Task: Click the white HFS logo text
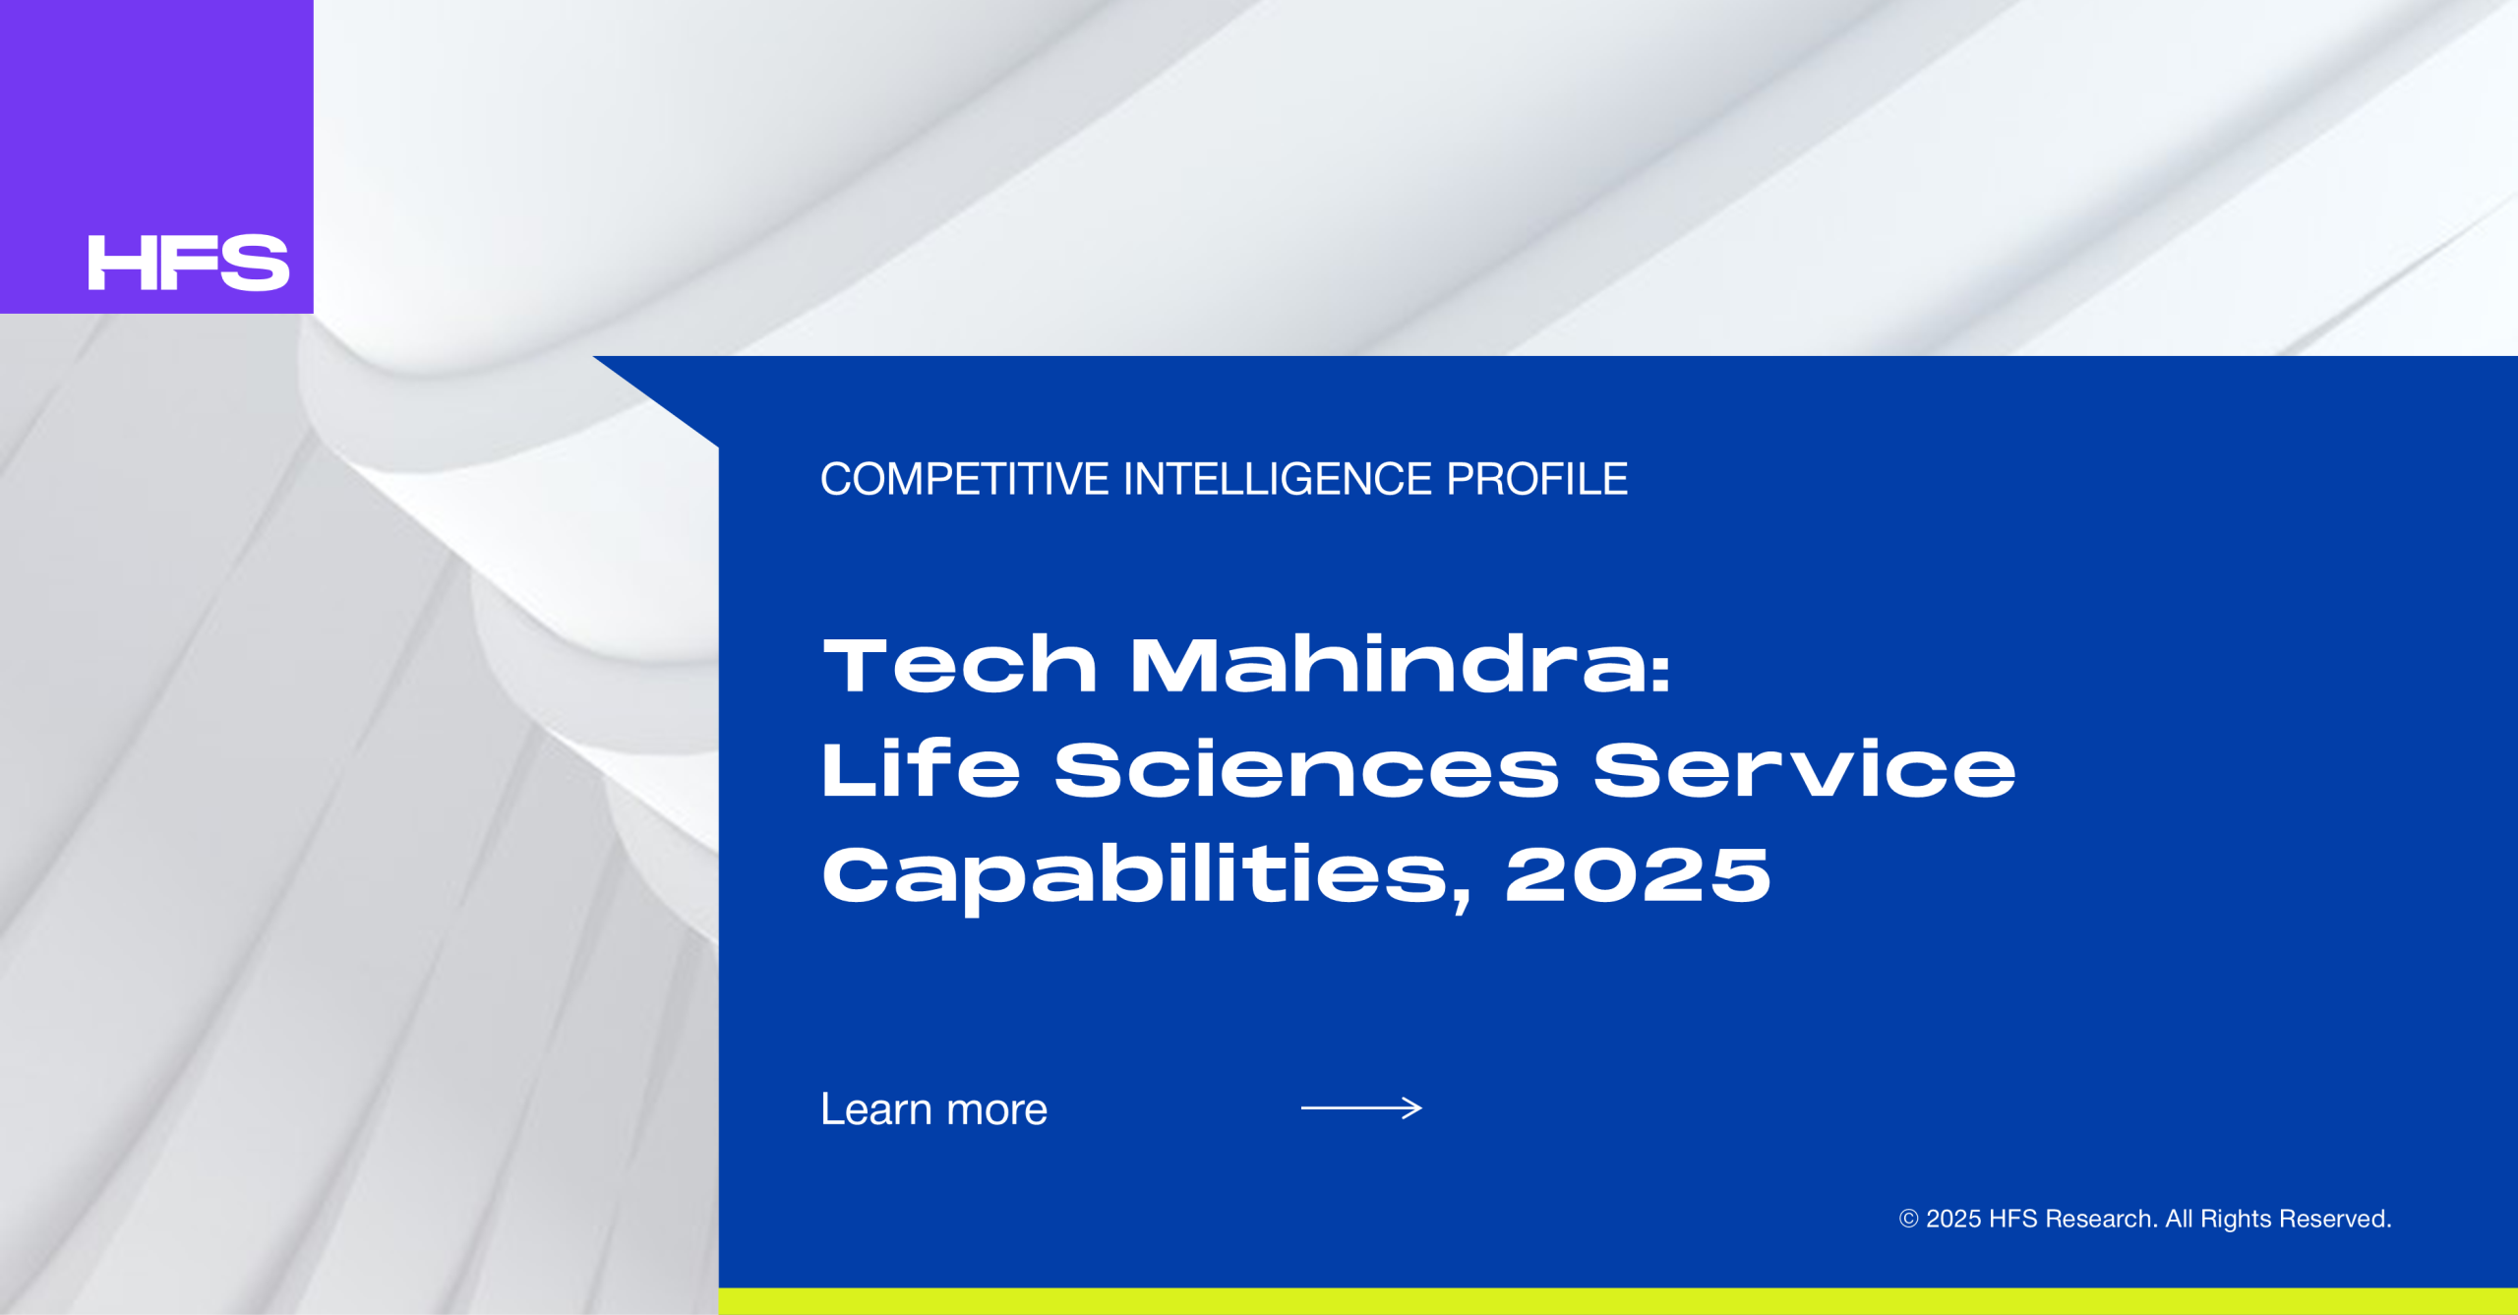[189, 263]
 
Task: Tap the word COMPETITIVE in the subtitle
[965, 480]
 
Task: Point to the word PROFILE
[1536, 480]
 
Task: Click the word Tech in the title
[960, 665]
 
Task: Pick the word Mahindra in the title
[1386, 665]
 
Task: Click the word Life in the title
[922, 768]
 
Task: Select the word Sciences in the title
[1307, 768]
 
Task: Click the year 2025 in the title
[1638, 874]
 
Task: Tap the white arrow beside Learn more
[1361, 1108]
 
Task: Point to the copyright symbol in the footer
[1908, 1220]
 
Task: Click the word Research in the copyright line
[2101, 1220]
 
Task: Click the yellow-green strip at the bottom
[1618, 1301]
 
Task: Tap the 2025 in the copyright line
[1952, 1220]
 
